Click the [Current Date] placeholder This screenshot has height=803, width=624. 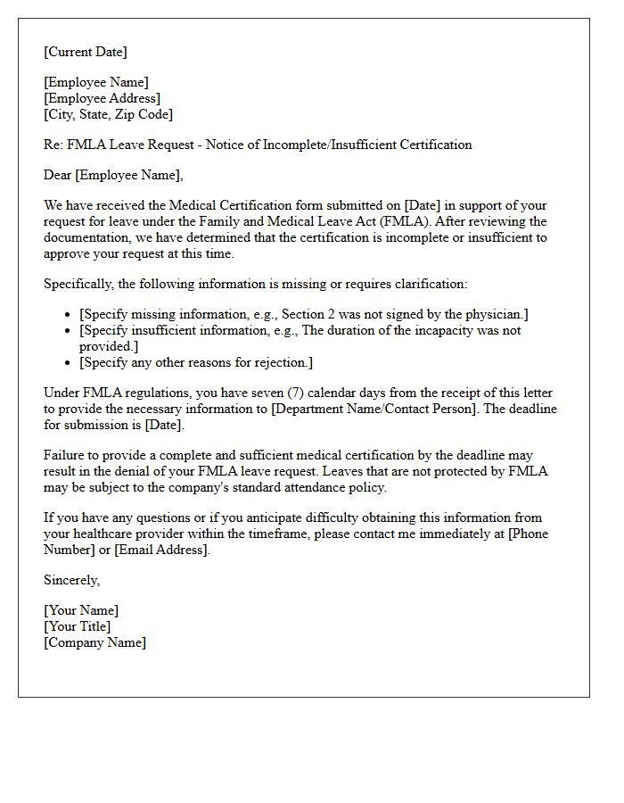coord(86,52)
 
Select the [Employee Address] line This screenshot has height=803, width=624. coord(103,98)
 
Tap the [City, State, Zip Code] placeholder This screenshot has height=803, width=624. coord(109,114)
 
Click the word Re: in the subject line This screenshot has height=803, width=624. coord(53,145)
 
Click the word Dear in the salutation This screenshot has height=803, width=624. coord(58,175)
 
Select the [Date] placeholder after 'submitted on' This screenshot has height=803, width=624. coord(423,205)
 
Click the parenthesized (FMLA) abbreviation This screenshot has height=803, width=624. coord(456,221)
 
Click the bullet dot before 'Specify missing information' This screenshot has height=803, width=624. coord(69,315)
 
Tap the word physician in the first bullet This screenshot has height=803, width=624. coord(494,314)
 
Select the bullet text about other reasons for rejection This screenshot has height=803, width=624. coord(196,362)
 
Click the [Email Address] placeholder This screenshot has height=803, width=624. coord(162,550)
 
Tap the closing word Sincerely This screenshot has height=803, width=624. coord(71,580)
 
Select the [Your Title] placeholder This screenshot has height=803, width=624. coord(78,626)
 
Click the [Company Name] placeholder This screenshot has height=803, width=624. coord(94,642)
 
